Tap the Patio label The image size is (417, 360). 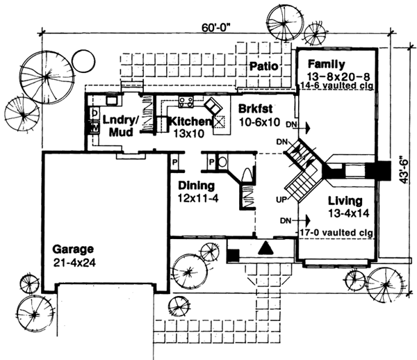(x=265, y=67)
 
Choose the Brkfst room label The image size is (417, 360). (x=254, y=109)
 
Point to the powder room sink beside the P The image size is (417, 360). (x=222, y=163)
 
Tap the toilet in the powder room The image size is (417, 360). (x=247, y=174)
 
